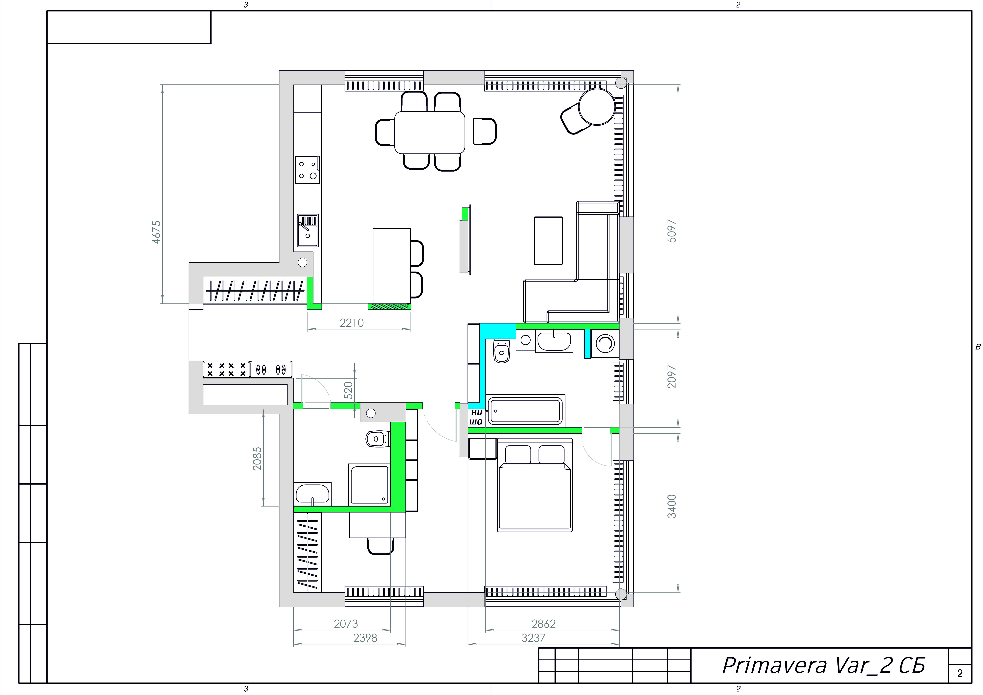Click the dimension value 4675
coord(157,232)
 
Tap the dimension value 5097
coord(672,231)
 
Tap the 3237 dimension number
coord(534,638)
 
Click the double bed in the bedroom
coord(535,485)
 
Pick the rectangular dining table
coord(429,132)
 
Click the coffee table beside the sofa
coord(548,240)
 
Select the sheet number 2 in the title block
coord(959,674)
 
